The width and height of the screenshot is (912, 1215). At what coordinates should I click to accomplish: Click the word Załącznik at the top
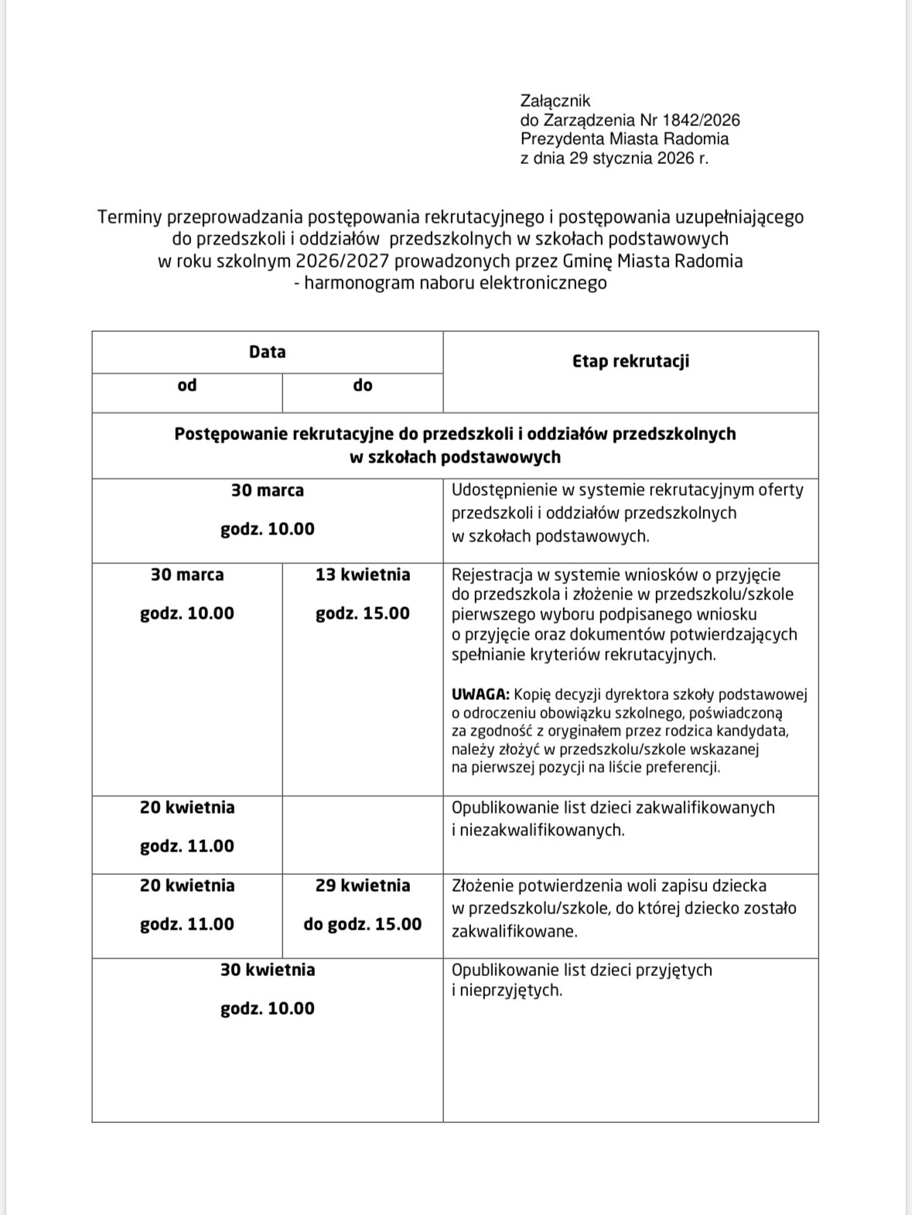point(555,101)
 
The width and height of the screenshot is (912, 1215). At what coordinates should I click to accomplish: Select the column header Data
point(268,352)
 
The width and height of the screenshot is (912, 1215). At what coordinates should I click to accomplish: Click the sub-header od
point(187,385)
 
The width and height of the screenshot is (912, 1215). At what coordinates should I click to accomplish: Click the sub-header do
point(363,385)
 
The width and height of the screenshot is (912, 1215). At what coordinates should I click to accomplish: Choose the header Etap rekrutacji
point(630,361)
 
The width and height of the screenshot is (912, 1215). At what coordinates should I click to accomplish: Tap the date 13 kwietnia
point(363,575)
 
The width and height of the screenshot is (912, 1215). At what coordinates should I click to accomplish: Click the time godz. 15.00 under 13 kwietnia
point(363,613)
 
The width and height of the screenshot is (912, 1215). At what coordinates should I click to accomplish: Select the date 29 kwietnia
point(363,885)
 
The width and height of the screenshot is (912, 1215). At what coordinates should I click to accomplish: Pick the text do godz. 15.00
point(363,923)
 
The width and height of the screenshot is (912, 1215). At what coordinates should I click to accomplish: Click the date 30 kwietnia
point(268,969)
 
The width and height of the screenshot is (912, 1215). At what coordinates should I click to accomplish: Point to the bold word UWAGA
point(480,694)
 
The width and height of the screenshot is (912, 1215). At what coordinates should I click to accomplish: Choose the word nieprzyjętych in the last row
point(510,990)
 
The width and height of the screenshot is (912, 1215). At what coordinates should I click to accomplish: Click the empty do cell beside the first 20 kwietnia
point(363,834)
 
